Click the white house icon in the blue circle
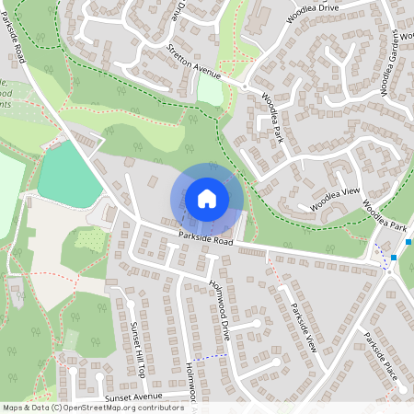click(x=207, y=198)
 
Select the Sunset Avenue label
click(x=133, y=397)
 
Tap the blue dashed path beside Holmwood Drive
click(x=212, y=356)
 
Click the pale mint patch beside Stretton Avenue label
click(x=211, y=92)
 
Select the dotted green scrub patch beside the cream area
click(x=89, y=240)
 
